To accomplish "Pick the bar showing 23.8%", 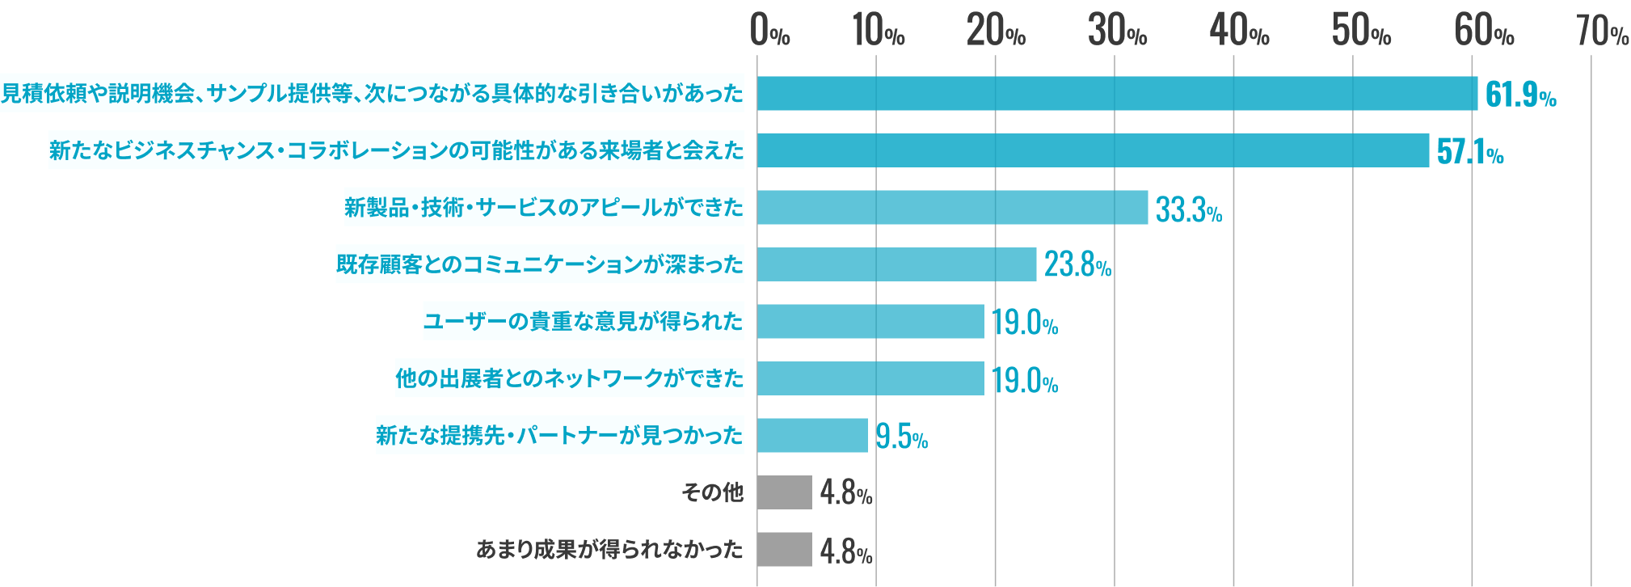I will [896, 264].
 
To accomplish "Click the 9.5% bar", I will [812, 436].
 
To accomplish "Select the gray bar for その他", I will [784, 492].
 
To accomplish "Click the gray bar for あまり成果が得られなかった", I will [784, 550].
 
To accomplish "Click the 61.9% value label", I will [1520, 95].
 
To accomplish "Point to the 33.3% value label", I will [1189, 210].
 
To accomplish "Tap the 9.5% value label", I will [901, 437].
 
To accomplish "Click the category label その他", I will [712, 492].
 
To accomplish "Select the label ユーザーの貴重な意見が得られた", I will [583, 322].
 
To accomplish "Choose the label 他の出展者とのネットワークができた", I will [569, 378].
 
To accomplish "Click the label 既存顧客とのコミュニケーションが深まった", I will [539, 264].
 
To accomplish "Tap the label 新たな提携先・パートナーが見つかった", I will [559, 436].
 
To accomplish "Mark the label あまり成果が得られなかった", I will [609, 550].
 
